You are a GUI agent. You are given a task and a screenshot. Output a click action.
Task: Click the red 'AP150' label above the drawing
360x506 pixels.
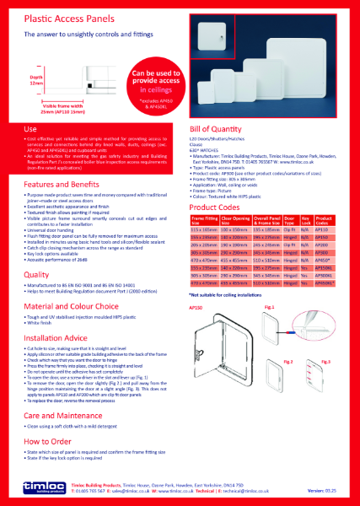pos(200,309)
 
